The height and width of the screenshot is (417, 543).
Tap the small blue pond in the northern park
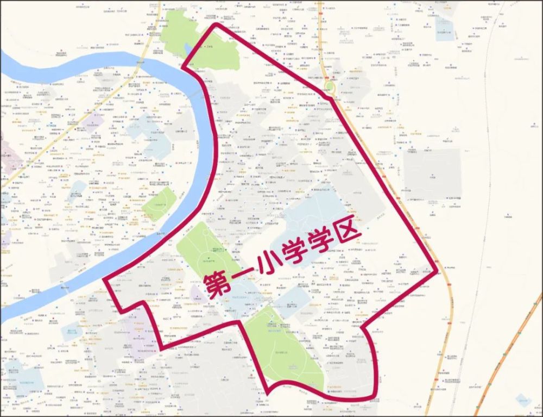pyautogui.click(x=188, y=49)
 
